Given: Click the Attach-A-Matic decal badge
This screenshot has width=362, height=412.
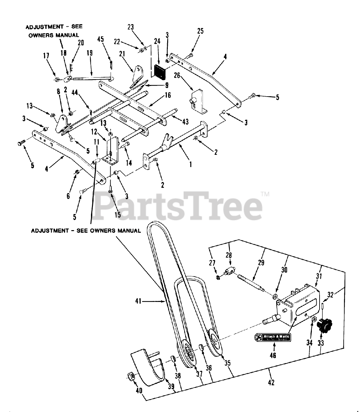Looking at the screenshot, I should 273,338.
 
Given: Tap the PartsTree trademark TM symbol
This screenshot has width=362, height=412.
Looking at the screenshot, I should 265,194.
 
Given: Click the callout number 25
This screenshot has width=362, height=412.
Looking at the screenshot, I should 200,31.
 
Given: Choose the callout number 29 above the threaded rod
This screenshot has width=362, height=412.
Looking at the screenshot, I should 261,263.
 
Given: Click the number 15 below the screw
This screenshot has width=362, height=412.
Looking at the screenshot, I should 118,215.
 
